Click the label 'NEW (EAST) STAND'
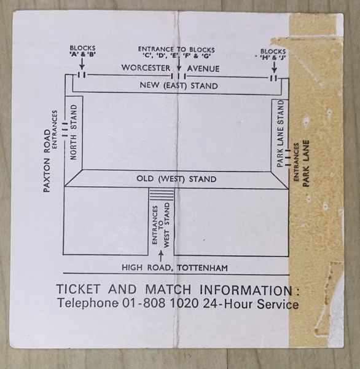pos(179,85)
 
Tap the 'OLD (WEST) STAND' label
pos(176,179)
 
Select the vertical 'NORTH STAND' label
pos(74,132)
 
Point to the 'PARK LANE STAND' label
pos(280,133)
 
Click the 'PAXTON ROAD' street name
pos(47,161)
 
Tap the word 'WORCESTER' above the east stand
pos(146,68)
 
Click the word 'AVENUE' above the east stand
pos(203,69)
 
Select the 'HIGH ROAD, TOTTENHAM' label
pos(174,268)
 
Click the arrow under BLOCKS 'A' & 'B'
pos(82,64)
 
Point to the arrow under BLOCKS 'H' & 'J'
pos(274,67)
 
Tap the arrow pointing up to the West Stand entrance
pos(161,256)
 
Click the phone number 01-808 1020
pos(160,303)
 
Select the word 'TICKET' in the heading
pos(79,289)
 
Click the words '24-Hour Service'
pos(251,304)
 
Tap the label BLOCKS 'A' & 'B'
pos(82,51)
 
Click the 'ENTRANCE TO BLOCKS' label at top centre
pos(176,50)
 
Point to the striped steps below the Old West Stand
pos(162,194)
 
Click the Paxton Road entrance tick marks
pos(65,129)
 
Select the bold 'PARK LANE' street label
pos(306,164)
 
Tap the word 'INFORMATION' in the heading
pos(246,290)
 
